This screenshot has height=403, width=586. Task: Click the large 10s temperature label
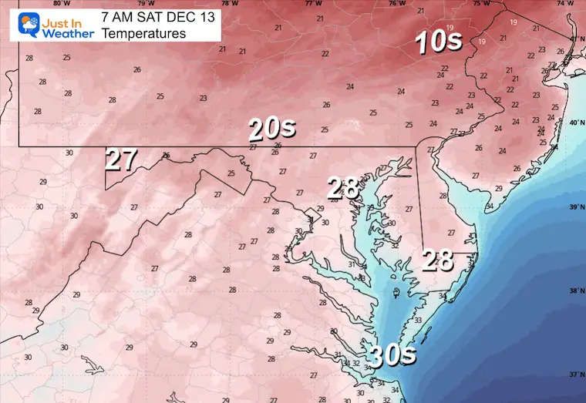[438, 42]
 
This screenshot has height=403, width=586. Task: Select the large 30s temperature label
[391, 356]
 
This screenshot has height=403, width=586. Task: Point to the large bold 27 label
[121, 160]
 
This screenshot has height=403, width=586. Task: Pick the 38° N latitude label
[574, 291]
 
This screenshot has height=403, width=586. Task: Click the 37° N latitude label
[574, 375]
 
